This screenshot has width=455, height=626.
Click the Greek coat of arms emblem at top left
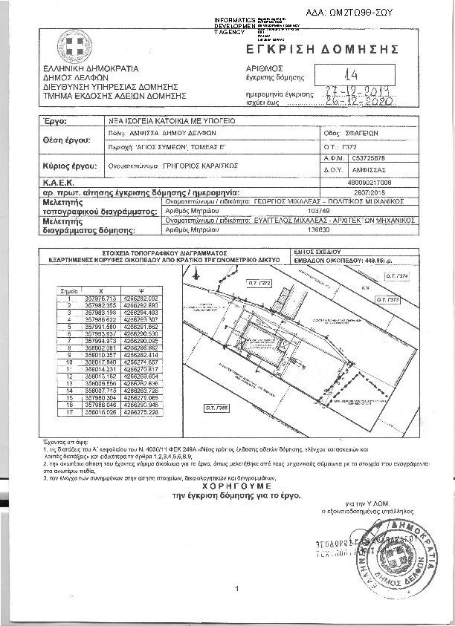[74, 46]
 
